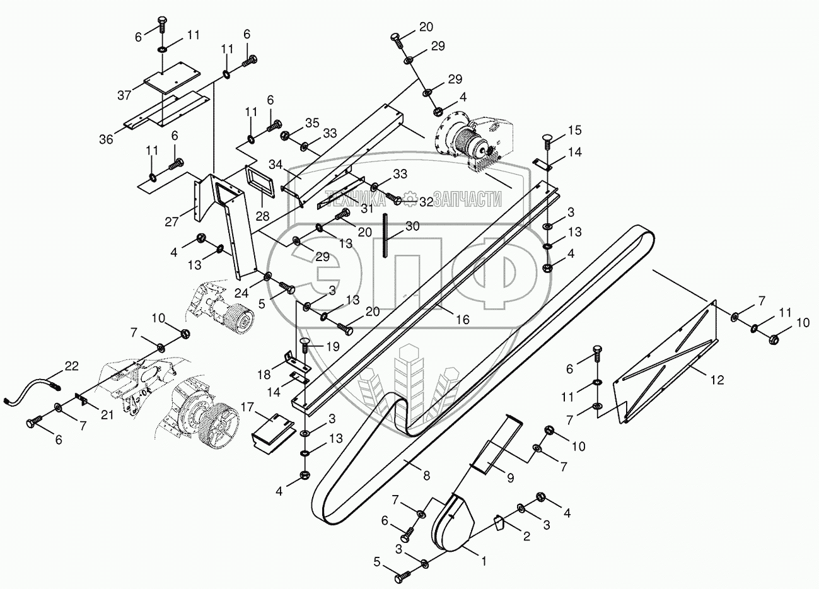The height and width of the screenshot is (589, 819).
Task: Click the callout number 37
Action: click(124, 95)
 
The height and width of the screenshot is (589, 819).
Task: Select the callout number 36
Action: click(106, 139)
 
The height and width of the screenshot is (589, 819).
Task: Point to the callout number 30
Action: click(412, 225)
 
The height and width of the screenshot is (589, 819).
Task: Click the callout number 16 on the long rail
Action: click(463, 320)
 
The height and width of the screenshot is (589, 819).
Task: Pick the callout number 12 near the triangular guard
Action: click(716, 380)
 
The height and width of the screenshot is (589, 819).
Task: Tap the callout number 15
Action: click(574, 131)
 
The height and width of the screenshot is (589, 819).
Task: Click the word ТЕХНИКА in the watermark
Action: click(355, 200)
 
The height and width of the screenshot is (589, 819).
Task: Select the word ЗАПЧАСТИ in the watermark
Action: click(463, 200)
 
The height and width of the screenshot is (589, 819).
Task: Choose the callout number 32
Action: click(426, 202)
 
